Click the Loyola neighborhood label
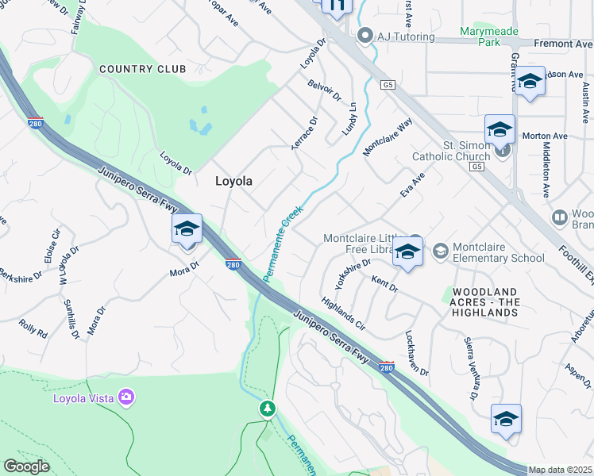[x=233, y=181]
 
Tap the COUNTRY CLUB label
[x=143, y=70]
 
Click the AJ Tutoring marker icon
[x=365, y=36]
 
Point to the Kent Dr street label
[x=384, y=283]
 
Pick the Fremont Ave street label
[x=563, y=44]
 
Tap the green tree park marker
[x=268, y=409]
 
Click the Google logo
[x=27, y=466]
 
